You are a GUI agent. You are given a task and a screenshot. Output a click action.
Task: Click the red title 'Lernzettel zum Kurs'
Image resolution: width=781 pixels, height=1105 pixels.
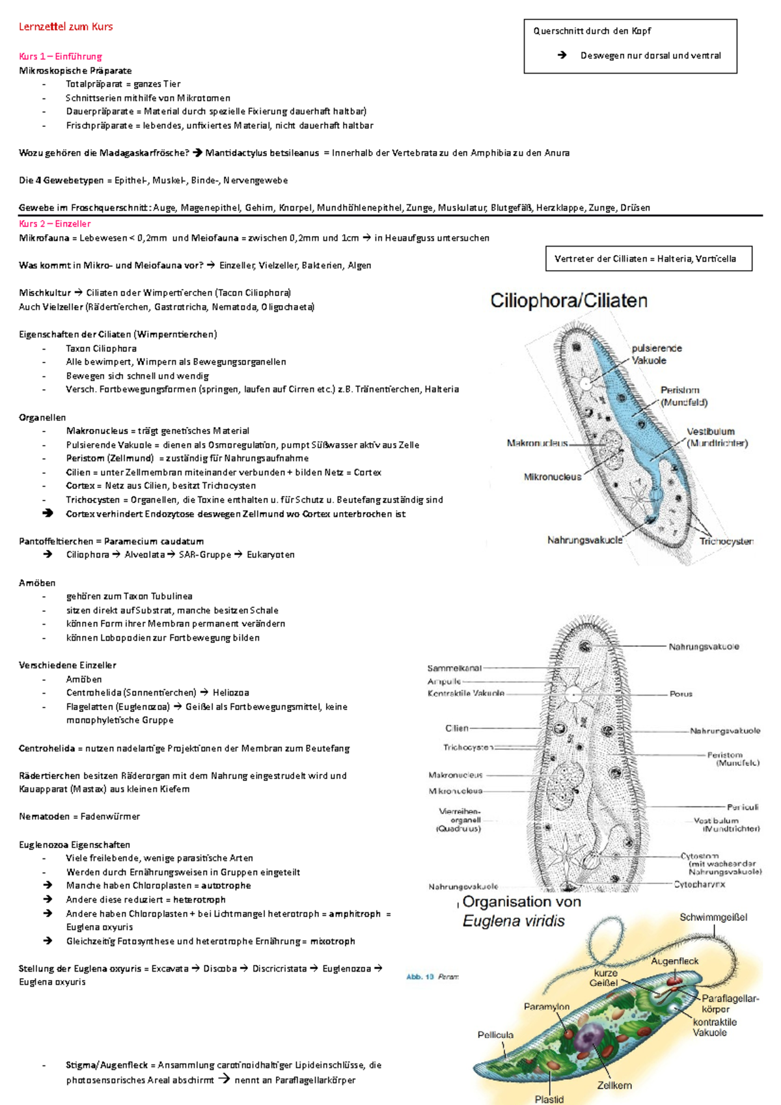pyautogui.click(x=66, y=27)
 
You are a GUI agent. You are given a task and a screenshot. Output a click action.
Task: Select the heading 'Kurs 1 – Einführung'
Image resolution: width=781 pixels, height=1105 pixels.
pyautogui.click(x=60, y=57)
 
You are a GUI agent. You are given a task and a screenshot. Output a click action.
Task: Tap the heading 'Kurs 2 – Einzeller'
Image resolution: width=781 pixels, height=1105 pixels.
pyautogui.click(x=55, y=224)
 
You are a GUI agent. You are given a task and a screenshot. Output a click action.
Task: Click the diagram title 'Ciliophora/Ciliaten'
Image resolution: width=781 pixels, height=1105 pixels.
pyautogui.click(x=568, y=301)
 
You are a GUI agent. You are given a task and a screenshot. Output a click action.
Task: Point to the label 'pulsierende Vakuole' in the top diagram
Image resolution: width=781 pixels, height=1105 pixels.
pyautogui.click(x=656, y=354)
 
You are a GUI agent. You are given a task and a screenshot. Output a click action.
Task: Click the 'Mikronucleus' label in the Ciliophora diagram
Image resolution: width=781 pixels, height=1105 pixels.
pyautogui.click(x=552, y=477)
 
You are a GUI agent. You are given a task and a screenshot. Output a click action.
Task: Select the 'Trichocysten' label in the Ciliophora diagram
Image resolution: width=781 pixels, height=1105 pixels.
pyautogui.click(x=726, y=541)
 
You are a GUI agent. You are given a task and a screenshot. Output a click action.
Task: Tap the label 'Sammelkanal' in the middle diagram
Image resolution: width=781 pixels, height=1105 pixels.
pyautogui.click(x=454, y=668)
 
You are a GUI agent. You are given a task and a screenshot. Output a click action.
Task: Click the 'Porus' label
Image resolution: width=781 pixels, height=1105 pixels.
pyautogui.click(x=681, y=694)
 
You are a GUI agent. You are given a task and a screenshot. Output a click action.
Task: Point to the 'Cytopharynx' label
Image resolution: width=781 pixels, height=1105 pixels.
pyautogui.click(x=699, y=884)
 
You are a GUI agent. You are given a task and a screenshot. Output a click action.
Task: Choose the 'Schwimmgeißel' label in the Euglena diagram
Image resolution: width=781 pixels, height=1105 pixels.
pyautogui.click(x=713, y=918)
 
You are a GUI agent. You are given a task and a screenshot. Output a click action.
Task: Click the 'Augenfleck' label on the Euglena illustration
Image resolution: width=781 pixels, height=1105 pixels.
pyautogui.click(x=674, y=961)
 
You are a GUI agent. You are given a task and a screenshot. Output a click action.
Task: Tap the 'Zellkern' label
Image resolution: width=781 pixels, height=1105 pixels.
pyautogui.click(x=614, y=1085)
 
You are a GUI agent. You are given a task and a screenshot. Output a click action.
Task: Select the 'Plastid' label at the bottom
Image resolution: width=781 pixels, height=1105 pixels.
pyautogui.click(x=549, y=1099)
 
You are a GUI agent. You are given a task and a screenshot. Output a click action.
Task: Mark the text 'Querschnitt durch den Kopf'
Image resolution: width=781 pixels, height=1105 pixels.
pyautogui.click(x=592, y=31)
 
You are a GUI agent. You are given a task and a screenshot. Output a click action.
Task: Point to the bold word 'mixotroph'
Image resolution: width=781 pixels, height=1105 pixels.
pyautogui.click(x=332, y=941)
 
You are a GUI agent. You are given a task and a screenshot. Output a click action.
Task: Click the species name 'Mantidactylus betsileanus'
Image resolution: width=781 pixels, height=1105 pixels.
pyautogui.click(x=262, y=153)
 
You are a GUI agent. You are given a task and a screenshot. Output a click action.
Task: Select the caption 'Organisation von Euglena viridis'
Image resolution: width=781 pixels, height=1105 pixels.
pyautogui.click(x=521, y=911)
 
